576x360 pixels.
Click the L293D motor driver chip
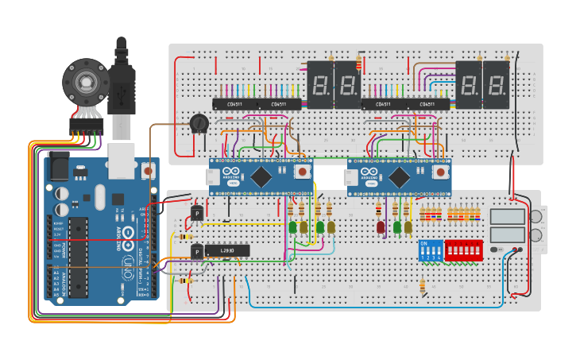click(222, 250)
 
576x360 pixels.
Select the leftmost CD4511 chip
click(234, 104)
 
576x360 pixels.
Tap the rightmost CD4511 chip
click(428, 104)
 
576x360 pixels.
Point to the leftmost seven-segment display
click(319, 84)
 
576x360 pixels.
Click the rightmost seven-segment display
click(496, 84)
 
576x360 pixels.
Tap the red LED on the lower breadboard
click(381, 227)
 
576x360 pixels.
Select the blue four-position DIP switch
click(430, 250)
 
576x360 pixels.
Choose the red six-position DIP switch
click(464, 250)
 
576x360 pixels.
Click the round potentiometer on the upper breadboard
click(199, 124)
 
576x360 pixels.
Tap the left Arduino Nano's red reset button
click(301, 172)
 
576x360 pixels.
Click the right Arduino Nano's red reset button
click(439, 172)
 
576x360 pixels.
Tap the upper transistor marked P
click(197, 213)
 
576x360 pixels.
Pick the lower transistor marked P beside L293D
click(197, 252)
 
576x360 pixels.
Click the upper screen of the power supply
click(507, 216)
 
